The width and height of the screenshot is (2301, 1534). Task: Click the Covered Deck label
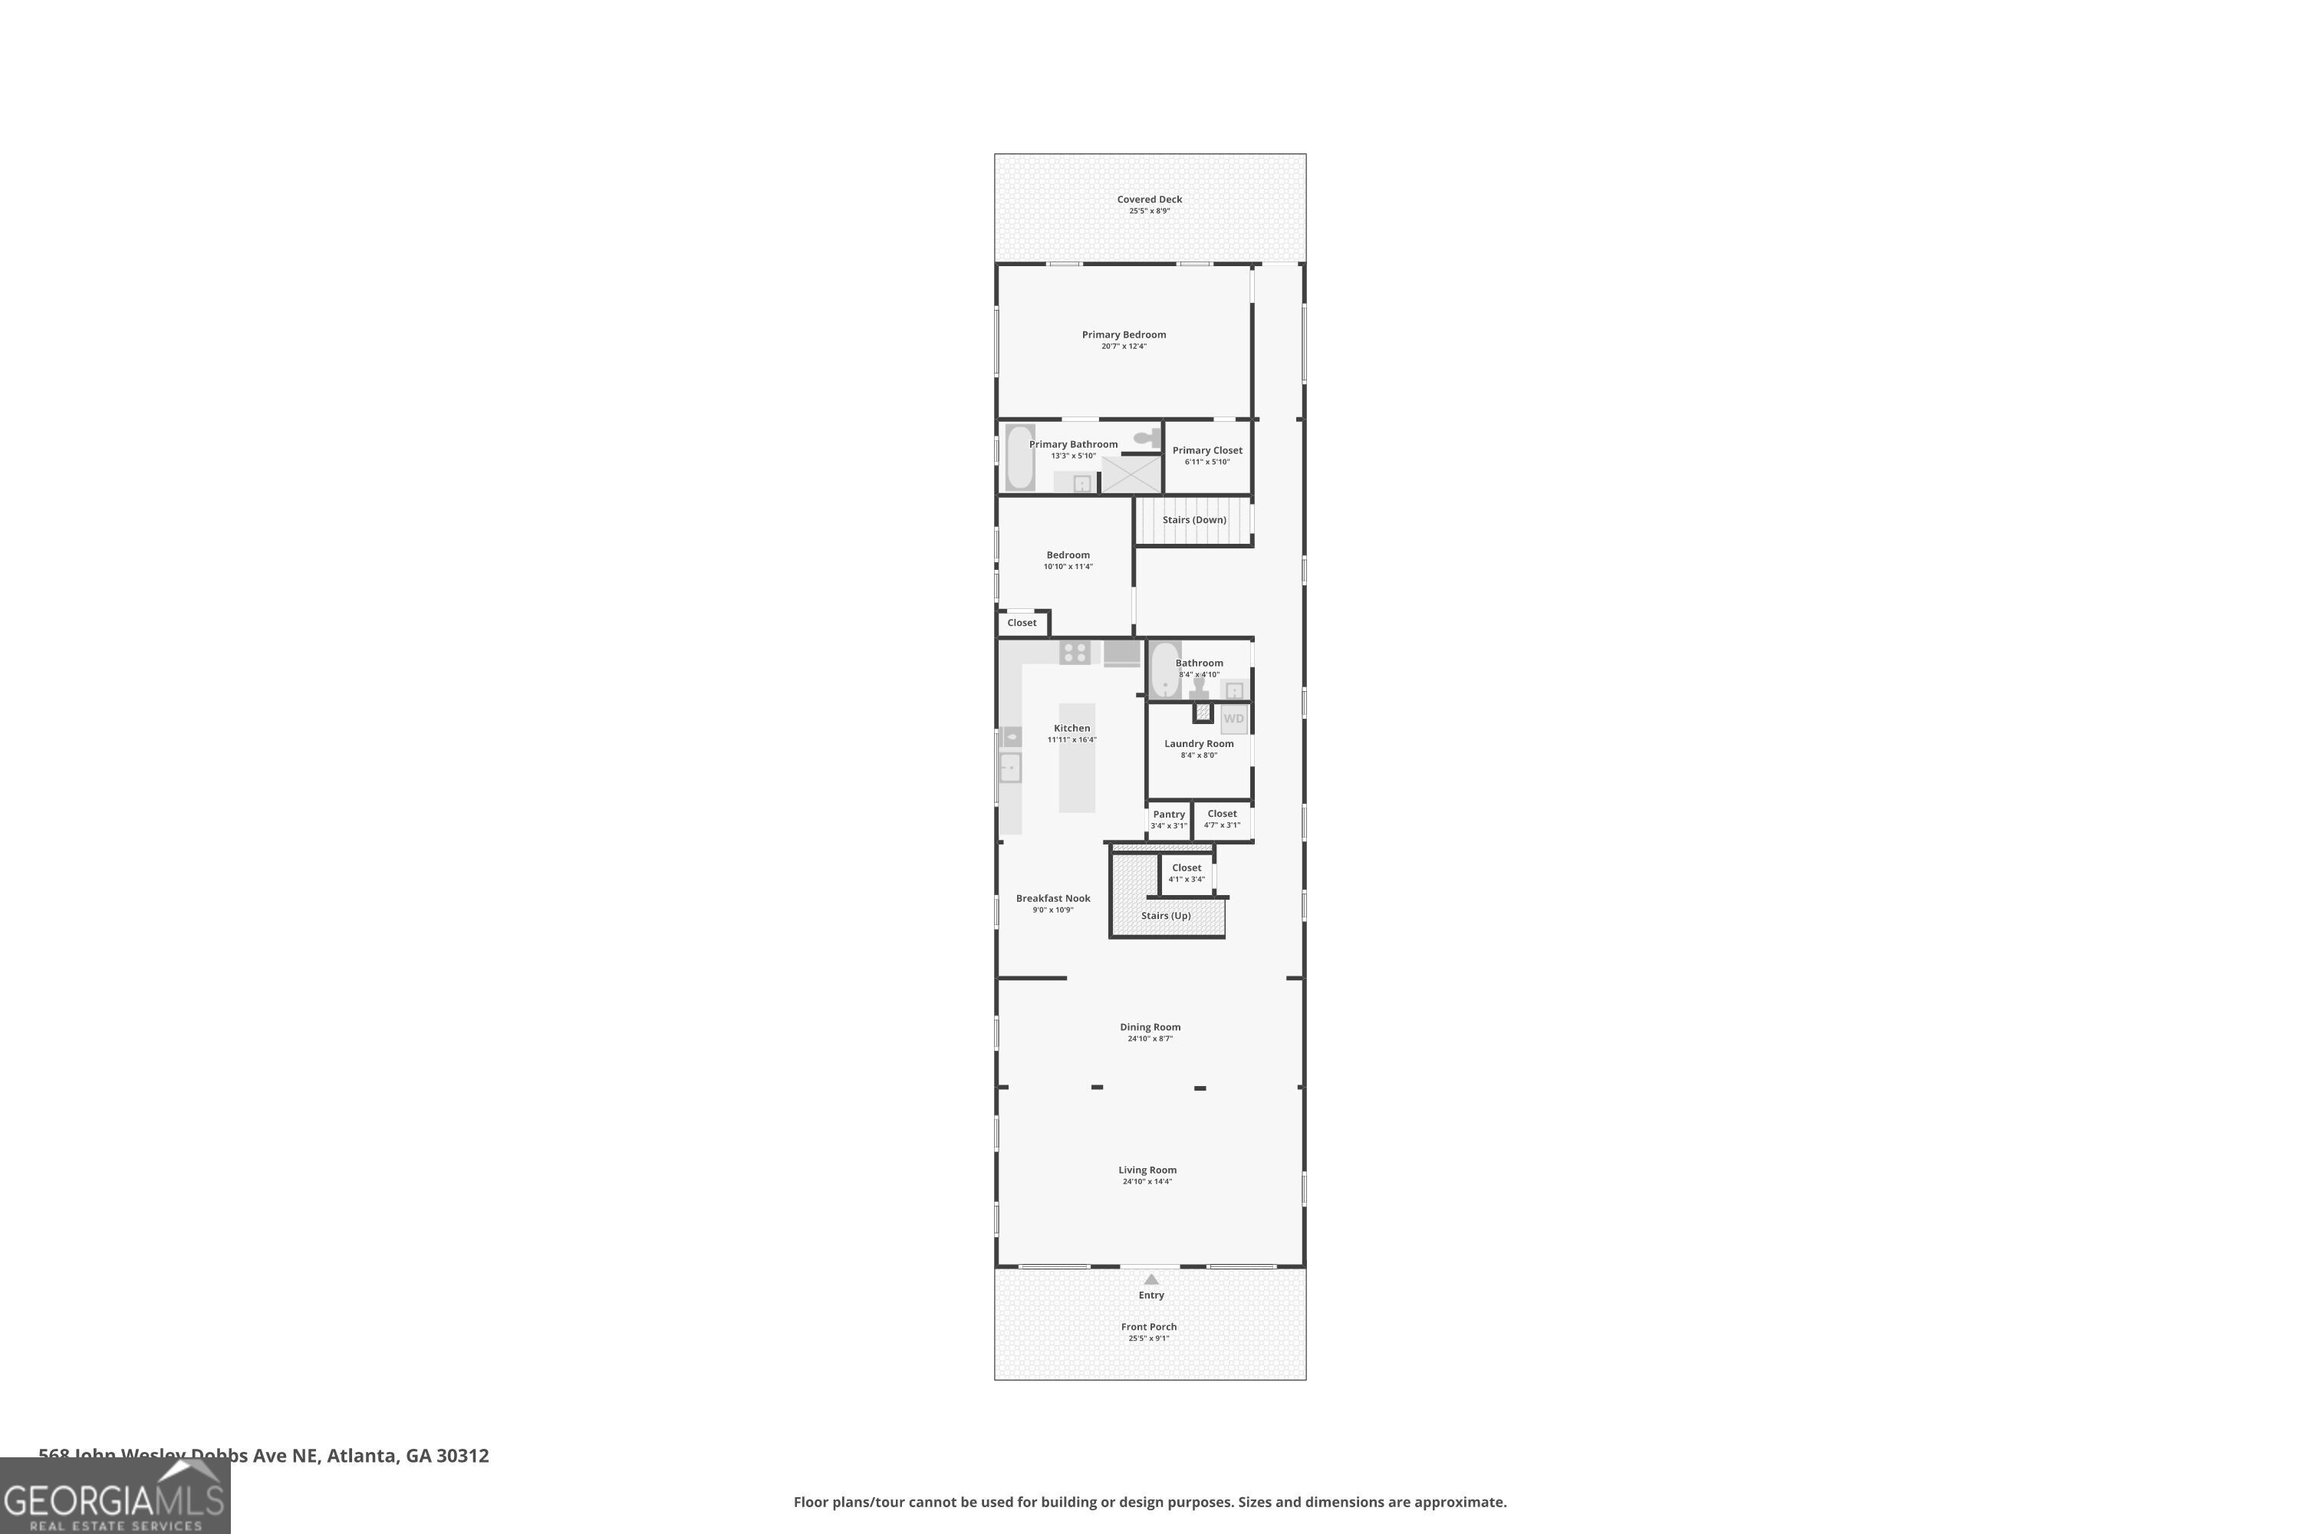coord(1150,199)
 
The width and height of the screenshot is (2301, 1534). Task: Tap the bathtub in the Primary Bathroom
coord(1019,457)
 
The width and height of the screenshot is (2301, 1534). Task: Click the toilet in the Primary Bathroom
coord(1147,438)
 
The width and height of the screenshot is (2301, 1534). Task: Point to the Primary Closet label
coord(1207,451)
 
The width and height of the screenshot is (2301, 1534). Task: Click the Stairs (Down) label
coord(1193,519)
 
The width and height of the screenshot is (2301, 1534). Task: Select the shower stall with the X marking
coord(1131,475)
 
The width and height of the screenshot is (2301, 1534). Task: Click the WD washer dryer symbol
coord(1233,719)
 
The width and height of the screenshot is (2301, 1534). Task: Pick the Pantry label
coord(1168,814)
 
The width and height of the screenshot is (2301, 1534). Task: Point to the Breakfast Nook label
coord(1052,898)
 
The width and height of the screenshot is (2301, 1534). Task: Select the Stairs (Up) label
coord(1165,916)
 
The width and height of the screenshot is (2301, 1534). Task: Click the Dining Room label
coord(1150,1027)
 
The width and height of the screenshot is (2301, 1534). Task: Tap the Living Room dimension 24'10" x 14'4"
coord(1147,1182)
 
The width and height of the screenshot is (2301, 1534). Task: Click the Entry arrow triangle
coord(1151,1279)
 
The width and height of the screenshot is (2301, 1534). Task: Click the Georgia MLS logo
coord(114,1498)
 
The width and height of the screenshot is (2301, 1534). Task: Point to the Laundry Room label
coord(1198,743)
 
